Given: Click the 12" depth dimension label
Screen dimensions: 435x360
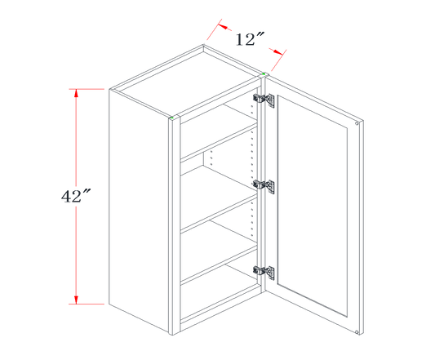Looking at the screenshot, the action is point(250,39).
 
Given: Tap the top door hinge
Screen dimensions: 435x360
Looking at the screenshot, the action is point(264,99).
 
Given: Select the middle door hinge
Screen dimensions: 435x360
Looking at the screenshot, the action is point(264,185).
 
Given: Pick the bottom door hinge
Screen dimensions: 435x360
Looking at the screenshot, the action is point(264,271).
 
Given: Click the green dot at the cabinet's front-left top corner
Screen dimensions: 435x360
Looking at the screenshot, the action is point(172,118).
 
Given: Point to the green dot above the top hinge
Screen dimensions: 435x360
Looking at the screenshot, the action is point(263,74).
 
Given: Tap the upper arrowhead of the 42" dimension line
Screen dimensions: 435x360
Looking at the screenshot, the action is point(76,93).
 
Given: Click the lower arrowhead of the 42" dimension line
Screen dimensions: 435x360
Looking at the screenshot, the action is point(76,300).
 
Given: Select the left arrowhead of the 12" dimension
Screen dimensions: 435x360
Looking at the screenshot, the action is point(224,27).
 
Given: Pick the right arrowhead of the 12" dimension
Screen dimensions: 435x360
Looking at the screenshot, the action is point(277,51).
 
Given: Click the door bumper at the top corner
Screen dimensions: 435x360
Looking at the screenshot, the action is point(357,123).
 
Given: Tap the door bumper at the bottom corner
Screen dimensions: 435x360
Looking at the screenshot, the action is point(357,331).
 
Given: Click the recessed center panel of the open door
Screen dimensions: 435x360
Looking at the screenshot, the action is point(312,206).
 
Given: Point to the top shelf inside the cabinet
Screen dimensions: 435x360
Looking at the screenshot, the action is point(220,141).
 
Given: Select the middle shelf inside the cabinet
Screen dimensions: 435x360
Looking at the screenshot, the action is point(220,212).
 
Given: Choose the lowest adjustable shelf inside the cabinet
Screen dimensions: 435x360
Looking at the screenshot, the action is point(220,265).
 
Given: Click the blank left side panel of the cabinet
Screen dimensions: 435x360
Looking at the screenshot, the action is point(139,210).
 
